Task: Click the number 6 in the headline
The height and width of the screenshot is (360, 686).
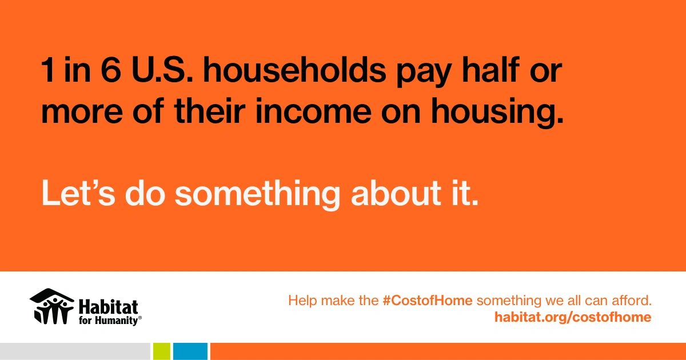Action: coord(110,70)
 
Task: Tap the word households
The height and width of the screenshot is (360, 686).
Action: coord(294,70)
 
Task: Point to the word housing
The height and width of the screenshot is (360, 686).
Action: coord(497,113)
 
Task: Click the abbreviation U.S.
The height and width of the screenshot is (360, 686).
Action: coord(162,70)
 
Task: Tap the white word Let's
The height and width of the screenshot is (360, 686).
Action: coord(78,193)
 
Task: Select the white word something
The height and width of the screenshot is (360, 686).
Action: coord(257,195)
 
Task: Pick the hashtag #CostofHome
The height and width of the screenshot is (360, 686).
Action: coord(428,301)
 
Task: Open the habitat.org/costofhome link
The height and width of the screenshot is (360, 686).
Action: coord(573,317)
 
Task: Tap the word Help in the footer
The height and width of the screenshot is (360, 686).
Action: coord(302,301)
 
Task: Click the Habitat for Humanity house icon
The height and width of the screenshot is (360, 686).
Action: coord(52,306)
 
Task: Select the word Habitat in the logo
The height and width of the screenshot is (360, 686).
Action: coord(109,307)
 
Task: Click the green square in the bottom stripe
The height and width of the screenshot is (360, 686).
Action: coord(162,351)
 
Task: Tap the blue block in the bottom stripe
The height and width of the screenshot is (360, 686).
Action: coord(190,351)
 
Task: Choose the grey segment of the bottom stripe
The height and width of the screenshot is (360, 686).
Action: coord(75,351)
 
